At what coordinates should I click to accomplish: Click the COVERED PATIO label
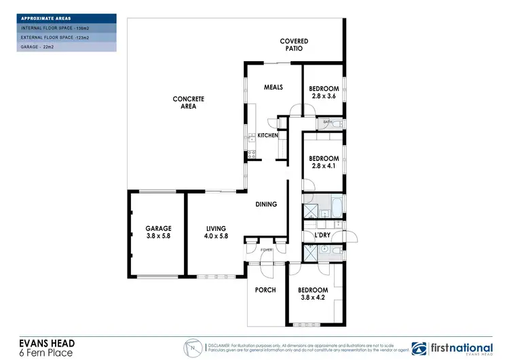point(294,46)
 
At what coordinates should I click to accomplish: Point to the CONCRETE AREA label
point(188,103)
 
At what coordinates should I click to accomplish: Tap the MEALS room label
point(273,87)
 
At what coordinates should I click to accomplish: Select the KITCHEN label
point(267,136)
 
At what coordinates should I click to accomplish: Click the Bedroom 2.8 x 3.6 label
point(323,92)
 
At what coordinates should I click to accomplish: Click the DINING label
point(266,204)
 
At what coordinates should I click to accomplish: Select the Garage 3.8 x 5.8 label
point(158,232)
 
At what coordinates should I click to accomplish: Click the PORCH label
point(265,290)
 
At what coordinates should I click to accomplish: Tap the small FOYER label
point(265,250)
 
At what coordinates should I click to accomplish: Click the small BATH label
point(327,122)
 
